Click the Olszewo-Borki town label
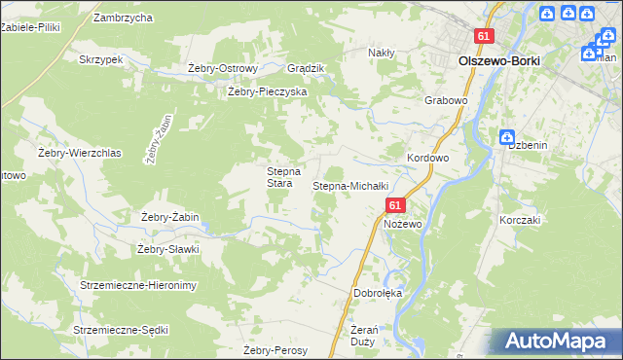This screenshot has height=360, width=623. [498, 59]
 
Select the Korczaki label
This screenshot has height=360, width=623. [520, 220]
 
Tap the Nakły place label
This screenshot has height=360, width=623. [381, 53]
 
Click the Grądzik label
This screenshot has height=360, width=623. [306, 68]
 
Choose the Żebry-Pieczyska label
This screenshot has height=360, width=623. [267, 91]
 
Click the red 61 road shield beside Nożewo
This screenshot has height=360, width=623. [394, 205]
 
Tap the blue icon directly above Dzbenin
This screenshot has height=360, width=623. [505, 137]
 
